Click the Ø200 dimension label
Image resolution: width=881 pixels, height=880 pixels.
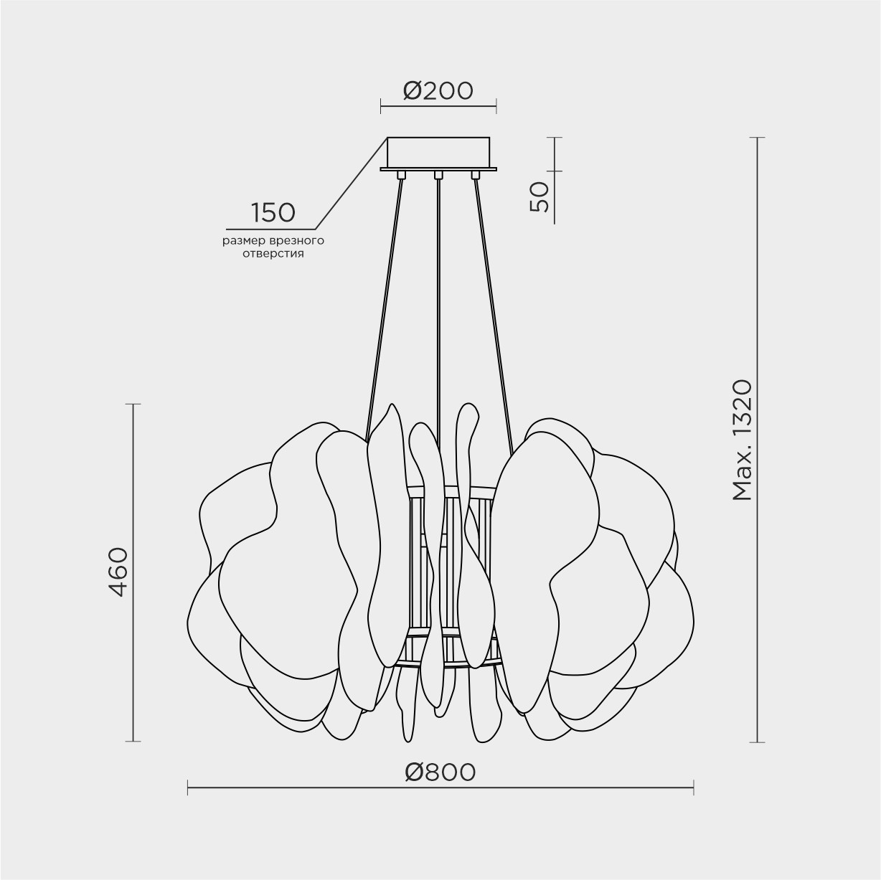[438, 90]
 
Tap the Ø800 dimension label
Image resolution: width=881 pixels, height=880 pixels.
[440, 772]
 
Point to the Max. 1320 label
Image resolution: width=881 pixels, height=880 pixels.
[742, 440]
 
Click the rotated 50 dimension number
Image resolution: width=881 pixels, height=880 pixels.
[539, 197]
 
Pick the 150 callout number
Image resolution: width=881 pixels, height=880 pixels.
[273, 212]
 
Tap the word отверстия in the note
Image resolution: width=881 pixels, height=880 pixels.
[273, 254]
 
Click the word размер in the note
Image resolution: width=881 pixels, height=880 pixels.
[245, 242]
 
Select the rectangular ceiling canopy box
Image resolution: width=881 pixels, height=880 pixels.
[438, 152]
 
